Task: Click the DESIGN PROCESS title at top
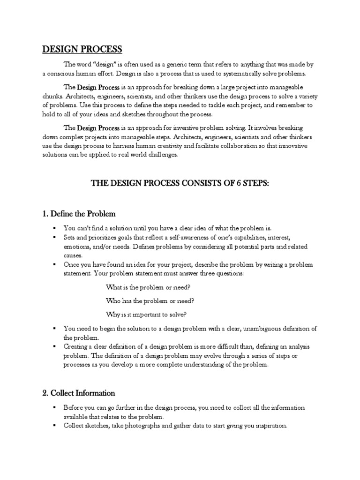tap(82, 49)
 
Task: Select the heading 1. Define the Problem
tap(79, 214)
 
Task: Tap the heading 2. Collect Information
tap(79, 393)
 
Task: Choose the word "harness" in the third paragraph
tap(133, 146)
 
